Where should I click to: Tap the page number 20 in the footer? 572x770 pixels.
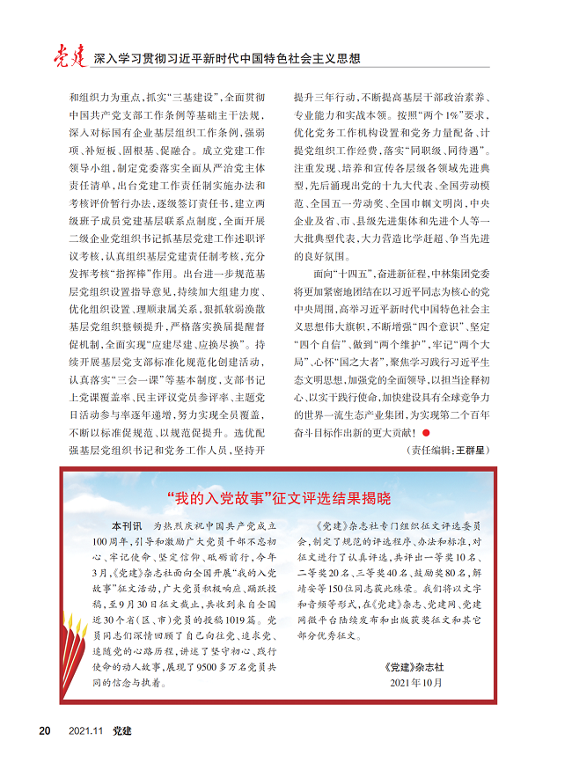coord(44,730)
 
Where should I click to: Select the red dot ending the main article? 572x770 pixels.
coord(427,432)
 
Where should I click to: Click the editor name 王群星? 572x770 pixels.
coord(472,450)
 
